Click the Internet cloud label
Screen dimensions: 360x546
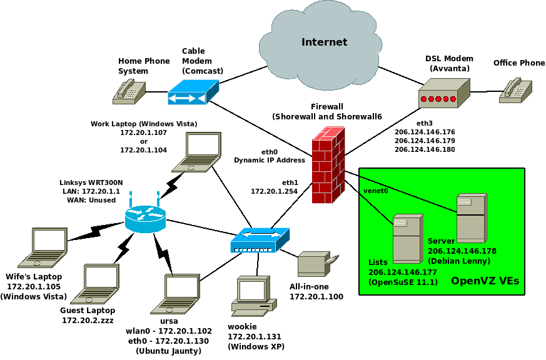click(324, 42)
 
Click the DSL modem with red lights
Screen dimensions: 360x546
click(443, 94)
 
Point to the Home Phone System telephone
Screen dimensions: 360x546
click(129, 91)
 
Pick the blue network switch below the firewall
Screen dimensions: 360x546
click(260, 240)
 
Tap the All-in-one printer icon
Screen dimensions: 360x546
click(317, 264)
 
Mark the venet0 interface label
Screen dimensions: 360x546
click(376, 191)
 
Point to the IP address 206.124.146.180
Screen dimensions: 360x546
click(425, 150)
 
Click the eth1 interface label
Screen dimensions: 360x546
click(290, 182)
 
